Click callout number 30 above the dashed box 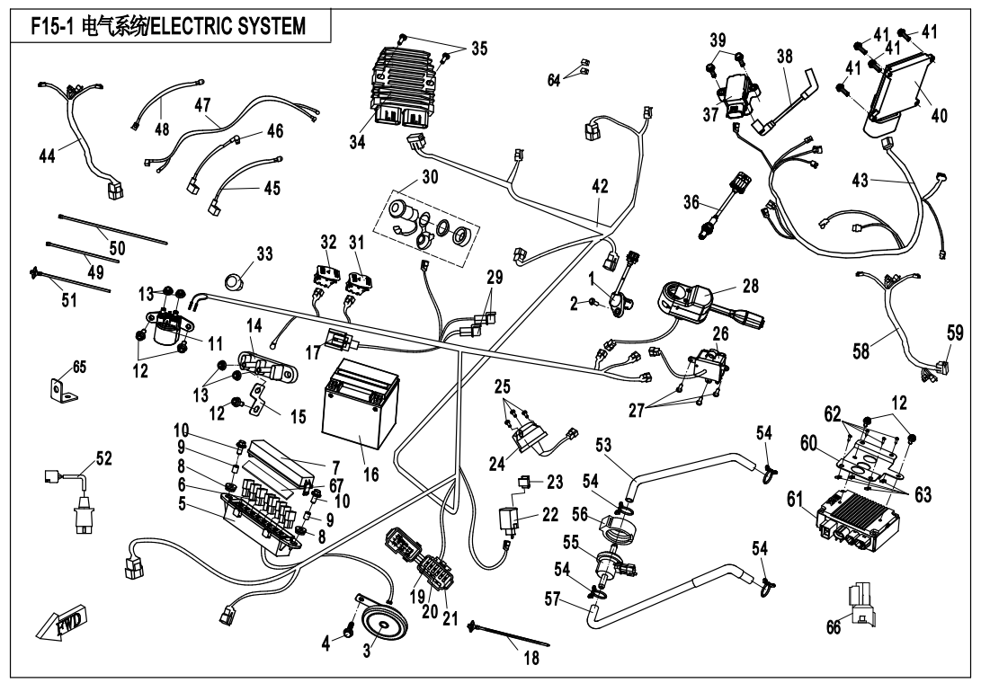(430, 177)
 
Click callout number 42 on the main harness (600, 187)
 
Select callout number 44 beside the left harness (47, 156)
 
